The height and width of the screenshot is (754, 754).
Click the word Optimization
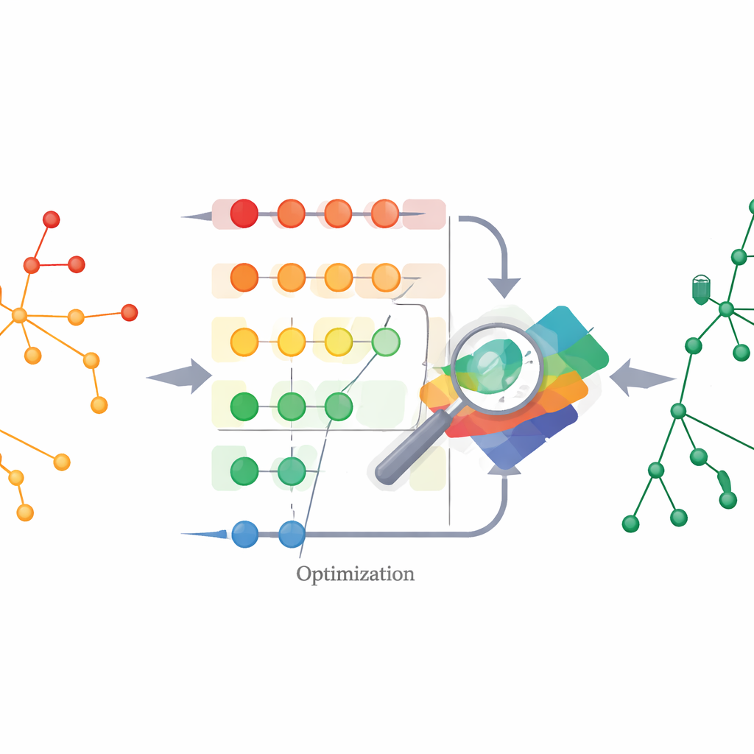pyautogui.click(x=355, y=574)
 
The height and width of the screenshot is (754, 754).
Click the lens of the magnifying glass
pyautogui.click(x=496, y=368)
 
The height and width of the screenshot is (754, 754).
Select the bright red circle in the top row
pyautogui.click(x=244, y=214)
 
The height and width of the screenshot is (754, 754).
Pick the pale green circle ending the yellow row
pyautogui.click(x=386, y=342)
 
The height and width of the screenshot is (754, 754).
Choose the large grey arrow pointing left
pyautogui.click(x=643, y=378)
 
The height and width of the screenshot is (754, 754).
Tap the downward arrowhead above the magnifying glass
pyautogui.click(x=504, y=288)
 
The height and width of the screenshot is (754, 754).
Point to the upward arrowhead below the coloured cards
pyautogui.click(x=504, y=471)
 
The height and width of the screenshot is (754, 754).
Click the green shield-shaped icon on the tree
pyautogui.click(x=701, y=290)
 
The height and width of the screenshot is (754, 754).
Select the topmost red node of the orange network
pyautogui.click(x=52, y=219)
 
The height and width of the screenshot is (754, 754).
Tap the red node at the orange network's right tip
pyautogui.click(x=130, y=312)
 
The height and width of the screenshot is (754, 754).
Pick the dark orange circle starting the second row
pyautogui.click(x=244, y=278)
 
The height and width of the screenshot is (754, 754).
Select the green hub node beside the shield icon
pyautogui.click(x=726, y=309)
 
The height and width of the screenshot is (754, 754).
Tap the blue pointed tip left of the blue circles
pyautogui.click(x=204, y=533)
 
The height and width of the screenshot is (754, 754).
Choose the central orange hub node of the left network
pyautogui.click(x=19, y=315)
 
